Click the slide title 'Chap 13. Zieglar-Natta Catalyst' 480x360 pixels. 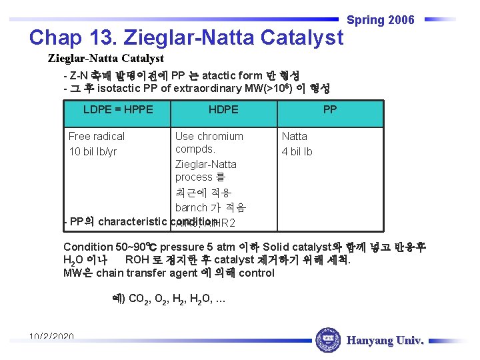pyautogui.click(x=186, y=37)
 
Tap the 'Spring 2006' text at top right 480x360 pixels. pyautogui.click(x=381, y=20)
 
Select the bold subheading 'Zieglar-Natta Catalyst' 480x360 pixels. pyautogui.click(x=106, y=59)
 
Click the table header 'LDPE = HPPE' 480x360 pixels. pyautogui.click(x=118, y=109)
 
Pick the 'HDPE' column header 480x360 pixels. pyautogui.click(x=223, y=109)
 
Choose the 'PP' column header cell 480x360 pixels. pyautogui.click(x=330, y=109)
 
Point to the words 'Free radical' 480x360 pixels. pyautogui.click(x=97, y=136)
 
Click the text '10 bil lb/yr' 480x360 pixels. pyautogui.click(x=93, y=151)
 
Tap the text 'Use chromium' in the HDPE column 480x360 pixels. pyautogui.click(x=209, y=136)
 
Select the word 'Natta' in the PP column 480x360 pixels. pyautogui.click(x=295, y=136)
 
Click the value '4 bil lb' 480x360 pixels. pyautogui.click(x=297, y=151)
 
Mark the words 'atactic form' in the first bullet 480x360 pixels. pyautogui.click(x=231, y=75)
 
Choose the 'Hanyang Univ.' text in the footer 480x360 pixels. pyautogui.click(x=385, y=341)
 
